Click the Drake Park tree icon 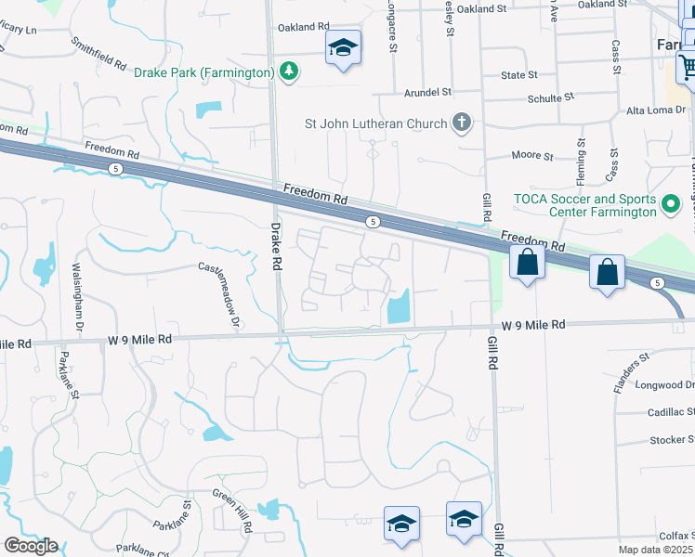290,71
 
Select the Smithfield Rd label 98,55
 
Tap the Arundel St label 427,92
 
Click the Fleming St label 582,157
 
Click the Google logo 31,546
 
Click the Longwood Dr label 664,384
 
